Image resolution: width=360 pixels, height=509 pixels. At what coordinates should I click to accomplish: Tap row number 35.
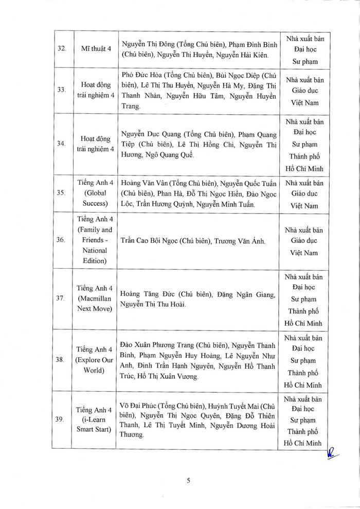pyautogui.click(x=61, y=194)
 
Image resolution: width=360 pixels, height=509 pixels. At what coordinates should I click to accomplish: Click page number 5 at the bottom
pyautogui.click(x=189, y=481)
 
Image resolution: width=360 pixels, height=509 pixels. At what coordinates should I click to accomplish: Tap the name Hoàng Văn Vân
pyautogui.click(x=141, y=183)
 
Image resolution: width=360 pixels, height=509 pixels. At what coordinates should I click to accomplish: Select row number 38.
pyautogui.click(x=61, y=360)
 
